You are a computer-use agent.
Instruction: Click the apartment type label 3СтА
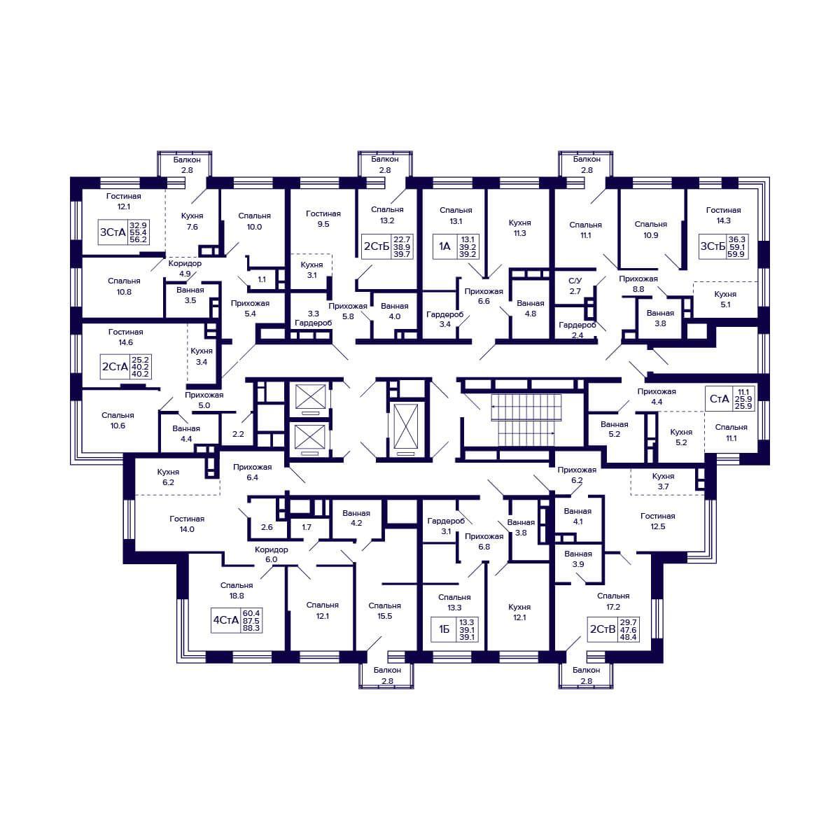(x=113, y=232)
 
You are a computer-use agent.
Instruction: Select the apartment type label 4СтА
(x=226, y=620)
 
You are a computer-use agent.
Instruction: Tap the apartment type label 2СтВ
(x=603, y=629)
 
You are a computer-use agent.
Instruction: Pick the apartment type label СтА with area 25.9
(x=720, y=399)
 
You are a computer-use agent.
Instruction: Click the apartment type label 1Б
(x=444, y=629)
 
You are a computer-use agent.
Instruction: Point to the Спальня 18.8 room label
(x=237, y=590)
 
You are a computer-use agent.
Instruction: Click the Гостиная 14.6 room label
(x=125, y=337)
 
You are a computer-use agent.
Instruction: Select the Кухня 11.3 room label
(x=519, y=227)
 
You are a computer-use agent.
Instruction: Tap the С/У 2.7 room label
(x=575, y=286)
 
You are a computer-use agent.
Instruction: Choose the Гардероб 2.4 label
(x=577, y=330)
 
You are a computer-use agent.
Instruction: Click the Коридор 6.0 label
(x=271, y=554)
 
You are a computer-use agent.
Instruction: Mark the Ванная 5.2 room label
(x=614, y=429)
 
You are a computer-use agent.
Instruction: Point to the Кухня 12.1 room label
(x=519, y=612)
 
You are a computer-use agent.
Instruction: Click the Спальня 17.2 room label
(x=613, y=601)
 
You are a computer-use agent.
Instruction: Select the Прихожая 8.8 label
(x=638, y=283)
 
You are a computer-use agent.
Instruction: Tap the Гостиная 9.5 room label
(x=323, y=219)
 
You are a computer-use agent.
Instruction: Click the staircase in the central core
(x=526, y=420)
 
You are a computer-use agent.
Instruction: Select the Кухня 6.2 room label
(x=168, y=477)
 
